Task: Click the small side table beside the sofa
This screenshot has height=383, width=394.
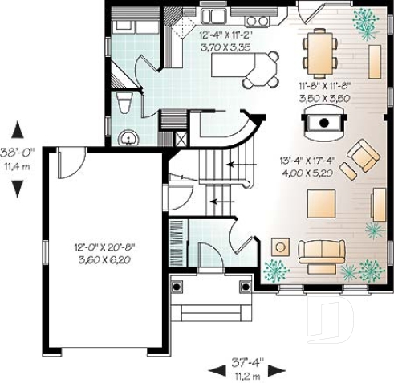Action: [x=281, y=247]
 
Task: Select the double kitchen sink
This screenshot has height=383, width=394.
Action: [x=217, y=15]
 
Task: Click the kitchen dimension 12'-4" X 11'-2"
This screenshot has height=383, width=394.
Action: [x=229, y=35]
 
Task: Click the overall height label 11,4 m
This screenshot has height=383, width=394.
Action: [x=16, y=167]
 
